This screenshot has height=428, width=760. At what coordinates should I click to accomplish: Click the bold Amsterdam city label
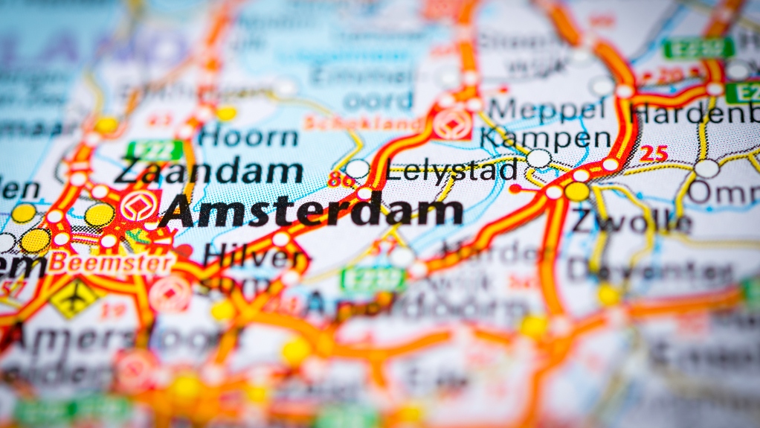coord(311,211)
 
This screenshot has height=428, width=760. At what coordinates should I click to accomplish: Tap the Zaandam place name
coord(209,171)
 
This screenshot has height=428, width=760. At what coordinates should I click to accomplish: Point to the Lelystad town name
coord(452,170)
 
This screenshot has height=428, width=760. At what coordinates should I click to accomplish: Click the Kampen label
coord(545,138)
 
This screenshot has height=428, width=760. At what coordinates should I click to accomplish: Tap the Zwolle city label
coord(631,221)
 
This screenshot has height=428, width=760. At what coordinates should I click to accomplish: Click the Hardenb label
coord(694,113)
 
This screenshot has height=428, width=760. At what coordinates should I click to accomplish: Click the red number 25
coord(654,153)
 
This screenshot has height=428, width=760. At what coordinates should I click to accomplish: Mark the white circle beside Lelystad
coord(357,169)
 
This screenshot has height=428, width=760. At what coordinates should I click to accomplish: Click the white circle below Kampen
coord(539,158)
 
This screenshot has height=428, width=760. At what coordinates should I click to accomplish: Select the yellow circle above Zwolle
coord(577,192)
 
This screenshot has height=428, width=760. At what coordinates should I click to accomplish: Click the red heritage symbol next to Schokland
coord(452,124)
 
